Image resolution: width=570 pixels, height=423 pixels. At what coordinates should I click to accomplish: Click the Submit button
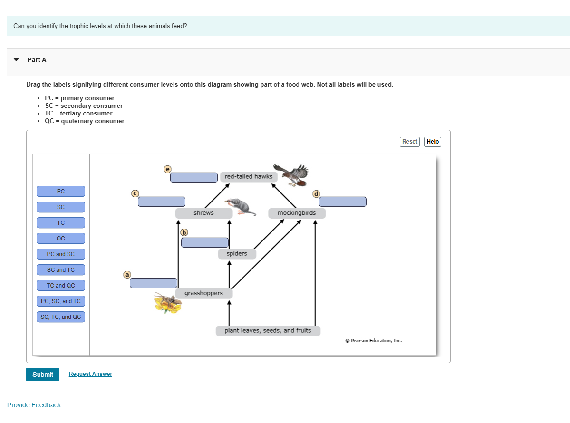[x=43, y=375]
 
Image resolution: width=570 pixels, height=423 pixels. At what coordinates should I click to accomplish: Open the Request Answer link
[x=90, y=374]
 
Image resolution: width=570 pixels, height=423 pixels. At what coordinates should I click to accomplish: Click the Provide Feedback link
[x=34, y=405]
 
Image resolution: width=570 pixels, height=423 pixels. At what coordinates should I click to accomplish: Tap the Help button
[x=433, y=142]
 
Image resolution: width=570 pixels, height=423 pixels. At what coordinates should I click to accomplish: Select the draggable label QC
[x=61, y=239]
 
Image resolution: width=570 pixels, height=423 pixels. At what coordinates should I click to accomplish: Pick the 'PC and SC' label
[x=61, y=254]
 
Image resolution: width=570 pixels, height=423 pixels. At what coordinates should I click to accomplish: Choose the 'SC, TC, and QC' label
[x=61, y=317]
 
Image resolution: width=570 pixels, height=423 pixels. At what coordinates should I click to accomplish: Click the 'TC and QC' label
[x=61, y=286]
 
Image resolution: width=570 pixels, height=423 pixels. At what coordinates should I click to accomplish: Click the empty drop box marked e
[x=194, y=177]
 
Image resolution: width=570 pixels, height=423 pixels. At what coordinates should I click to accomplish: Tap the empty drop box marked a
[x=153, y=283]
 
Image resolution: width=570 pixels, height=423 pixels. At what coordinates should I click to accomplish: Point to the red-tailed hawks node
[x=249, y=176]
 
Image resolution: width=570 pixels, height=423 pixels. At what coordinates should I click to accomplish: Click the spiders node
[x=237, y=254]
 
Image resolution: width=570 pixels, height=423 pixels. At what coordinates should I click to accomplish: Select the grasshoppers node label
[x=203, y=293]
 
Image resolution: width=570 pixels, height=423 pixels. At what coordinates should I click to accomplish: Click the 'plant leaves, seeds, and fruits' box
[x=268, y=331]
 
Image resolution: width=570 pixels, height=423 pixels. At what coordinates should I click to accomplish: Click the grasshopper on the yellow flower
[x=167, y=303]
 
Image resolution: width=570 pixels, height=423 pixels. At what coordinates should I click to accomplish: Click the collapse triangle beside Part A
[x=16, y=60]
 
